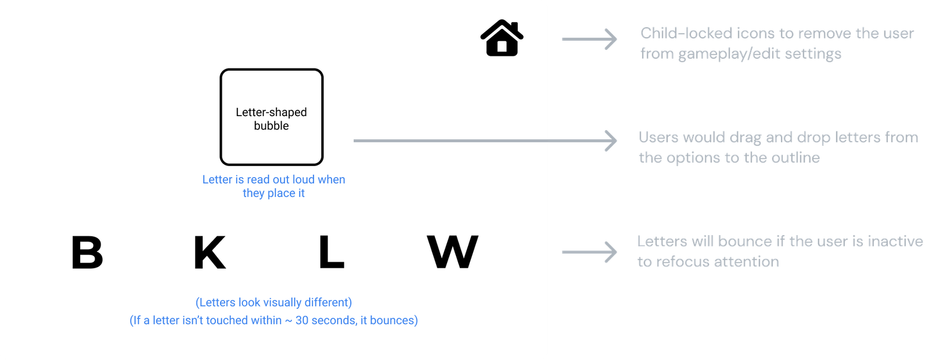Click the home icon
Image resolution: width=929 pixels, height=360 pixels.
coord(502,38)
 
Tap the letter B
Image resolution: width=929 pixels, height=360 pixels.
coord(87,253)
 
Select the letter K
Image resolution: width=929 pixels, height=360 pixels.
coord(210,253)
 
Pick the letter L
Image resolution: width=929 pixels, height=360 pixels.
coord(332,253)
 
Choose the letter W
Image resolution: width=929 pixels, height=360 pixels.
coord(452,253)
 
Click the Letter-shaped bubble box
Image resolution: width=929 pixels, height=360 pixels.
coord(271,117)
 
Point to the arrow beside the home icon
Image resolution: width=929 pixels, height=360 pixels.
coord(589,39)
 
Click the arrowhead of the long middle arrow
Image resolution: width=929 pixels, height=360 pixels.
coord(611,141)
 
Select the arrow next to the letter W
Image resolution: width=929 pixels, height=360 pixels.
coord(589,252)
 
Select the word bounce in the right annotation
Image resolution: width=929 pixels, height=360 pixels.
coord(745,242)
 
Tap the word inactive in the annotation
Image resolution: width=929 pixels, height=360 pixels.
coord(895,242)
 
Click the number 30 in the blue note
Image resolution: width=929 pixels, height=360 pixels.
coord(302,321)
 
